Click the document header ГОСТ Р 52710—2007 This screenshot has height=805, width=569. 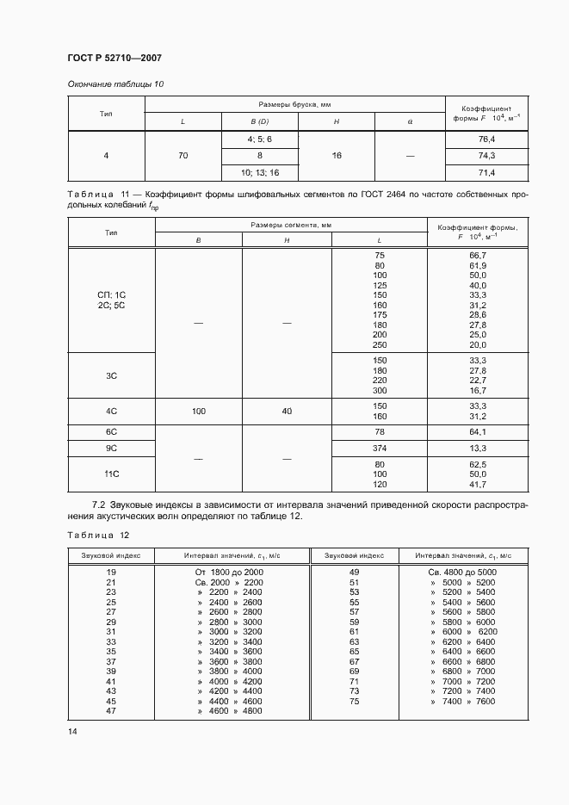pyautogui.click(x=114, y=58)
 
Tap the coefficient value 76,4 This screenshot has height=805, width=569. pyautogui.click(x=486, y=139)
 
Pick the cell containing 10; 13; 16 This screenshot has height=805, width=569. pyautogui.click(x=260, y=173)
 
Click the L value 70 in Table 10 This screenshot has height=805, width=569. pyautogui.click(x=182, y=156)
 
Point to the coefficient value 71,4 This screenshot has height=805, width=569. pyautogui.click(x=486, y=173)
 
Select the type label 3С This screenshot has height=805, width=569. pyautogui.click(x=111, y=375)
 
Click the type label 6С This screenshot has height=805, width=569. pyautogui.click(x=111, y=431)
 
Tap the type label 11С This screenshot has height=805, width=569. pyautogui.click(x=111, y=474)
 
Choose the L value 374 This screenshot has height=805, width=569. pyautogui.click(x=380, y=449)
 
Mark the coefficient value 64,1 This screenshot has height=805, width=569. pyautogui.click(x=479, y=431)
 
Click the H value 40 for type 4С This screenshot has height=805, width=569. pyautogui.click(x=287, y=412)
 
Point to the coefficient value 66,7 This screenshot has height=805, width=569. pyautogui.click(x=479, y=256)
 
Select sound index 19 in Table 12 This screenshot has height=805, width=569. pyautogui.click(x=111, y=572)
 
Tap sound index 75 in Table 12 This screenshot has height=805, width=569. pyautogui.click(x=354, y=703)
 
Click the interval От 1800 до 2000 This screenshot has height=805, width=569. pyautogui.click(x=229, y=572)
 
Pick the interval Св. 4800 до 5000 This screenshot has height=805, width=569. pyautogui.click(x=462, y=572)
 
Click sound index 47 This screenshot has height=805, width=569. pyautogui.click(x=111, y=712)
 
